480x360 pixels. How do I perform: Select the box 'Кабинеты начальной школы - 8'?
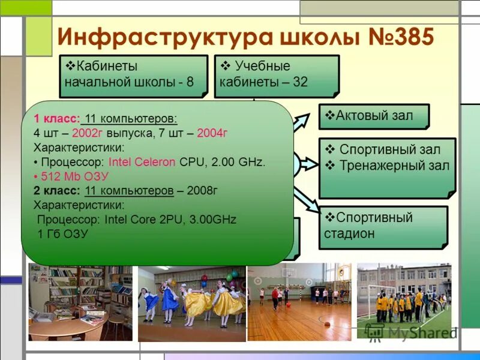pos(133,75)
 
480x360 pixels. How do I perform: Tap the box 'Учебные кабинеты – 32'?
pos(276,75)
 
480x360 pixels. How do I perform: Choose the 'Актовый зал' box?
pos(373,116)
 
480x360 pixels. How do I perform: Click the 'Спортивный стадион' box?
pos(383,226)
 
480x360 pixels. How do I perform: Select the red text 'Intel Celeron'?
pos(142,162)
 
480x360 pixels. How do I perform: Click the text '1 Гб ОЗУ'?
pos(62,234)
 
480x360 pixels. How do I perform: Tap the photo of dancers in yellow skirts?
pos(191,303)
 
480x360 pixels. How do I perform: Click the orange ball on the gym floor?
pos(327,324)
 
